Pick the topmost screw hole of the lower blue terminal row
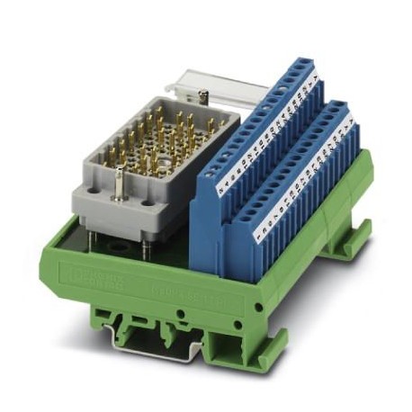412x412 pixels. pos(338,107)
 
